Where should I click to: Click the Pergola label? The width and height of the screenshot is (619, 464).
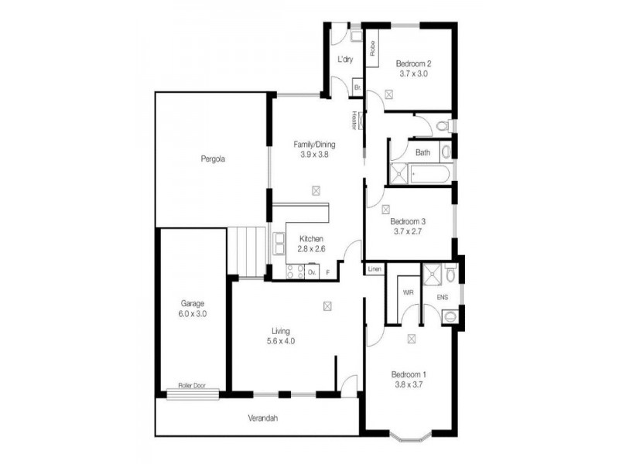(211, 159)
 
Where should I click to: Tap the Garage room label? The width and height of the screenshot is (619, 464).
(193, 303)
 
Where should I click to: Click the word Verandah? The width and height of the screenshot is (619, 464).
(262, 418)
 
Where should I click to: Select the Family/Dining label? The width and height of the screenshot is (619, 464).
(315, 144)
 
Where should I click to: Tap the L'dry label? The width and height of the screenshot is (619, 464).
(344, 60)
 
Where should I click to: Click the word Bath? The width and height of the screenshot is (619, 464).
(422, 152)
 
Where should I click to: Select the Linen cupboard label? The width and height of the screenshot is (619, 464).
(374, 269)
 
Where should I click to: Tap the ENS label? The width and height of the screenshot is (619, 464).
(442, 297)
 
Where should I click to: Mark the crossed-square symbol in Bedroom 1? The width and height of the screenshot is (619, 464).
(411, 338)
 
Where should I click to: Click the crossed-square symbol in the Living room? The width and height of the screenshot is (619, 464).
(328, 306)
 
